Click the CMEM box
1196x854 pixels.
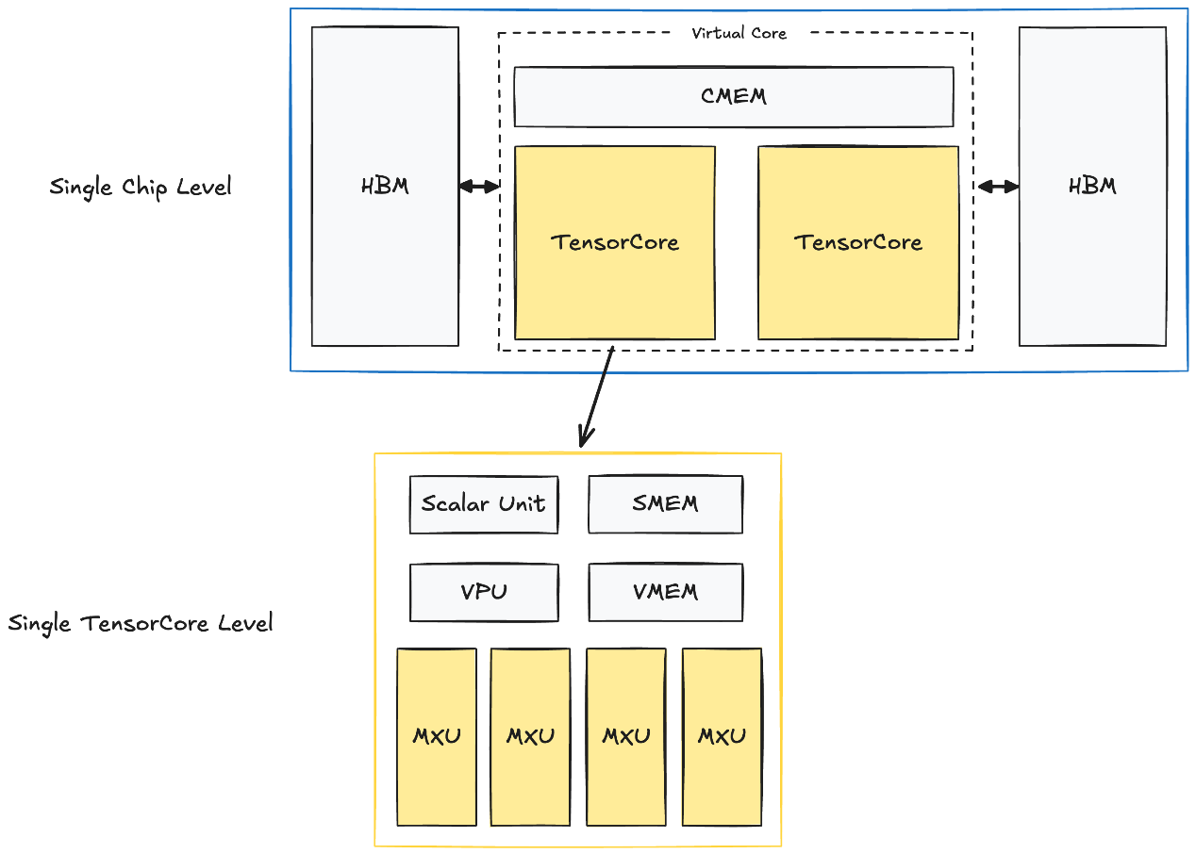click(733, 96)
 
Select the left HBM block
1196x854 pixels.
click(385, 186)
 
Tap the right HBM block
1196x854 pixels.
click(1092, 186)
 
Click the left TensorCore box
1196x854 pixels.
click(614, 242)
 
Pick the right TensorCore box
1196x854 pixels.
click(857, 242)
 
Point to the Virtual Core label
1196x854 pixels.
click(739, 33)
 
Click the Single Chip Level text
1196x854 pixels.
click(140, 187)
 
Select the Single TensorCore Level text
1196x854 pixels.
click(141, 623)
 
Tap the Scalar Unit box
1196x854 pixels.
click(484, 503)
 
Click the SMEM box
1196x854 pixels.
click(665, 503)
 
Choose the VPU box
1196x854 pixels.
click(484, 592)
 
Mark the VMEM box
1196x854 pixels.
click(665, 592)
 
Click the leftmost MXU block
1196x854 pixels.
click(436, 736)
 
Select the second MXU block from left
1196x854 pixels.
click(530, 736)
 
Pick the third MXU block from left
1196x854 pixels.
click(626, 736)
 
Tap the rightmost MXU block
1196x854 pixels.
click(722, 736)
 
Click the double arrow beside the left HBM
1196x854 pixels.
click(478, 187)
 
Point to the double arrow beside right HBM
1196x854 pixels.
click(998, 187)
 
